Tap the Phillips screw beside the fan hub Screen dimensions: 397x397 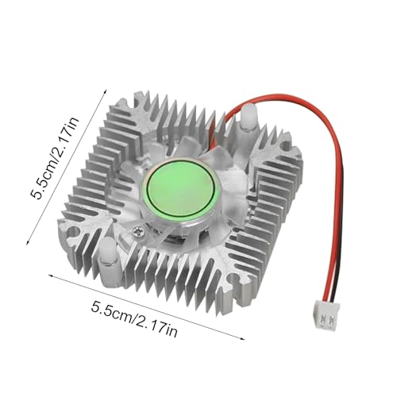coord(140,232)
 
